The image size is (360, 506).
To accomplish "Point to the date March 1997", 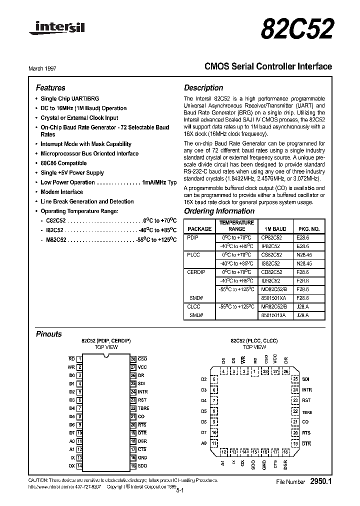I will [49, 68].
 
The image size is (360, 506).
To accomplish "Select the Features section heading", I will [50, 87].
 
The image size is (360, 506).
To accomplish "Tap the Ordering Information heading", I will [219, 211].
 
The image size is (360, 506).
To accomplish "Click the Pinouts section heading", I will [49, 334].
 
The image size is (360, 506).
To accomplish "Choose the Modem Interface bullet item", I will [61, 192].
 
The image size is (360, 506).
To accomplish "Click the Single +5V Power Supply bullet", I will [72, 173].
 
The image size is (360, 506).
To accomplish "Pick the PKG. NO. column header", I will [308, 229].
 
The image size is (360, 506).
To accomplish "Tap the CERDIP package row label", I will [196, 272].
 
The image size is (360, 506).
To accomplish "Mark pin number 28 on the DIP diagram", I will [133, 359].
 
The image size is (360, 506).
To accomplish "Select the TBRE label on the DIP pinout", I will [143, 408].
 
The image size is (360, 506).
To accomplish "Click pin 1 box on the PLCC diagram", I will [255, 371].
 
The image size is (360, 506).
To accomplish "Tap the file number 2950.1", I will [321, 481].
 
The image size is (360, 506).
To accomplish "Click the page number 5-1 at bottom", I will [180, 491].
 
